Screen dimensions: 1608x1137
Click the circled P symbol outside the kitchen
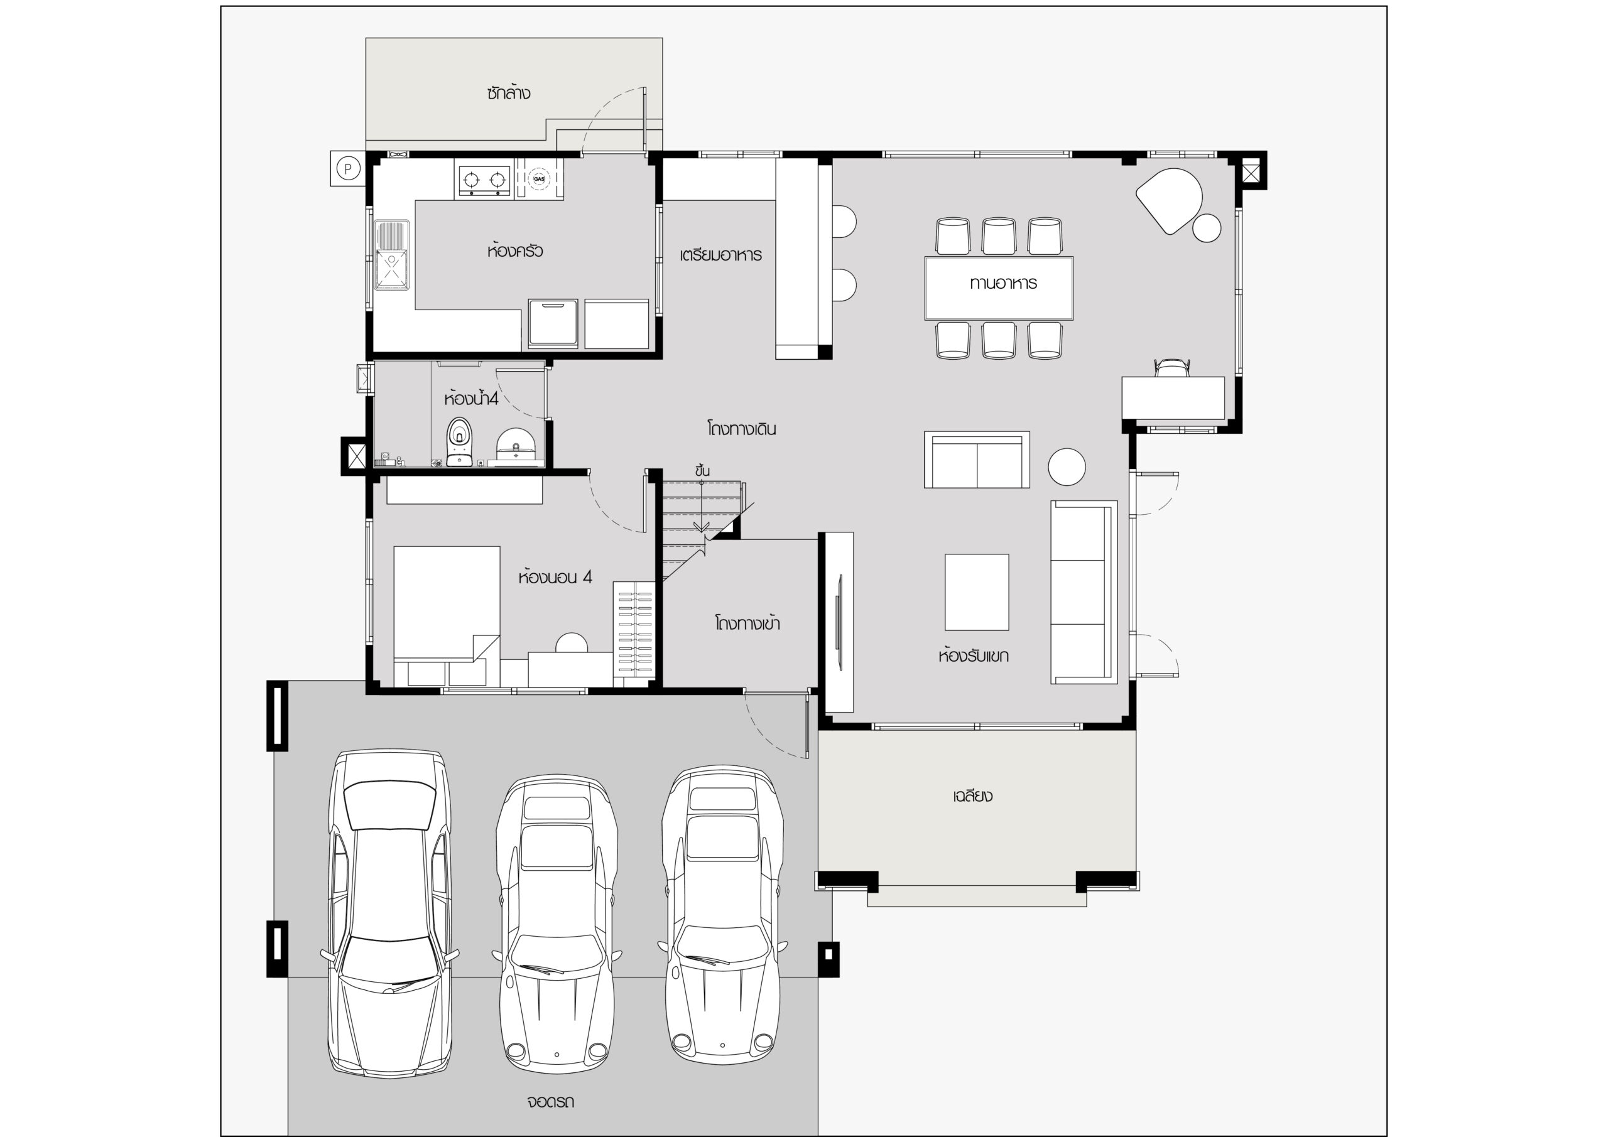tap(348, 169)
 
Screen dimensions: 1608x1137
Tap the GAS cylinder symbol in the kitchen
tap(538, 178)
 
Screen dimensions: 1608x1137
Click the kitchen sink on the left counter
tap(392, 255)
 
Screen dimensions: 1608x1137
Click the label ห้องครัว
tap(515, 250)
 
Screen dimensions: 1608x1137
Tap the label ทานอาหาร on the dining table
tap(1003, 283)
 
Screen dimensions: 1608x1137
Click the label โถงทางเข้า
tap(747, 622)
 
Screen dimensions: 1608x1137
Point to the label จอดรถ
tap(550, 1101)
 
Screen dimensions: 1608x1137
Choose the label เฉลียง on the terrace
tap(973, 796)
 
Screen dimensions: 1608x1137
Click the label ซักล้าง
tap(508, 92)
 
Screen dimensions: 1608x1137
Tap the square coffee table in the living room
tap(976, 592)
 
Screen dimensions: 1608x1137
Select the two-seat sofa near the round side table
tap(977, 460)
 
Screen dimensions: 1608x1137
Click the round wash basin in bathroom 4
tap(516, 446)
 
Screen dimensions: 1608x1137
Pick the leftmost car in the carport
tap(389, 914)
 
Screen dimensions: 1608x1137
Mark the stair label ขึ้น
tap(702, 470)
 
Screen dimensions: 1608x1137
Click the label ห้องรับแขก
tap(974, 656)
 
